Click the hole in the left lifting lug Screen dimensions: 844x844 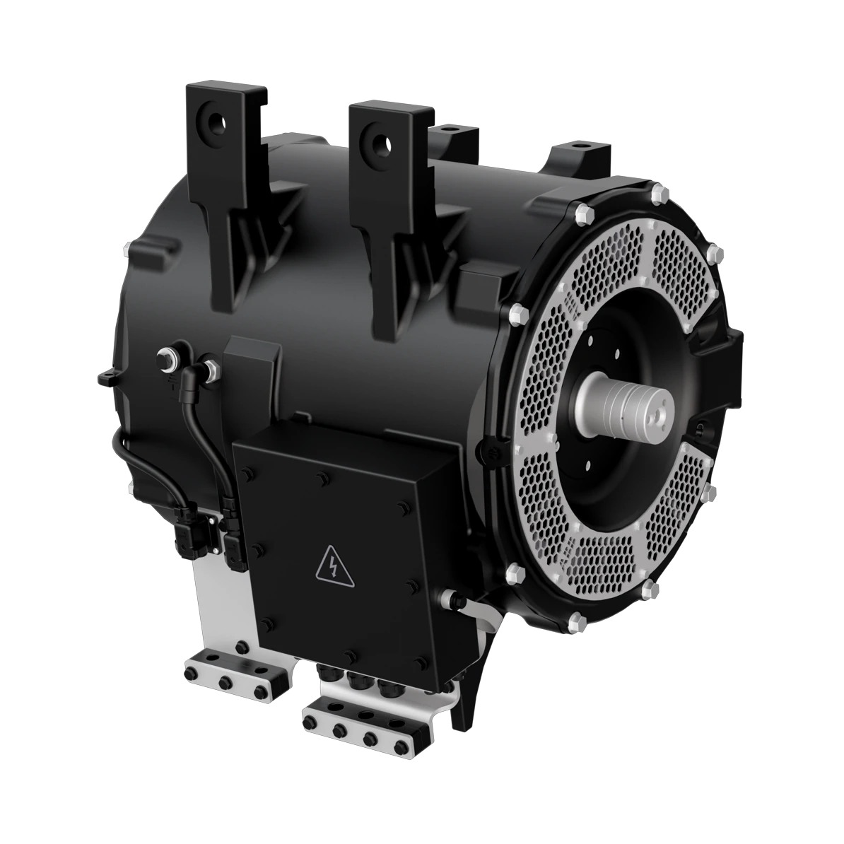tap(213, 122)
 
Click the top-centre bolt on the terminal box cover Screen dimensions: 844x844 tap(322, 480)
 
